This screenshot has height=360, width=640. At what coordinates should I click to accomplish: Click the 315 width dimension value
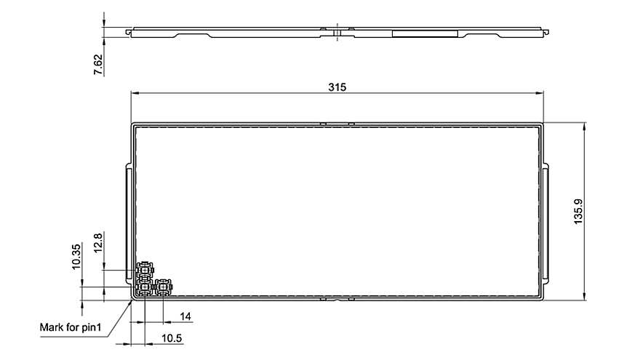[x=337, y=87]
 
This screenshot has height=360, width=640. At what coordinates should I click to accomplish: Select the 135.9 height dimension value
[x=578, y=211]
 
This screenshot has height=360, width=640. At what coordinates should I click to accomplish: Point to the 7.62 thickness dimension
[x=98, y=65]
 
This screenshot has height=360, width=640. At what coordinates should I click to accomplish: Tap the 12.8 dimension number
[x=98, y=243]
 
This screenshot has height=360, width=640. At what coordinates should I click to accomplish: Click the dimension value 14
[x=185, y=316]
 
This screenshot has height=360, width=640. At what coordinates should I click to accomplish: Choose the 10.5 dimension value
[x=172, y=338]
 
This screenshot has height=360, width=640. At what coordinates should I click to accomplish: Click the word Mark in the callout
[x=49, y=327]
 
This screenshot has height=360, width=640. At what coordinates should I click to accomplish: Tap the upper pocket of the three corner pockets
[x=145, y=270]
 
